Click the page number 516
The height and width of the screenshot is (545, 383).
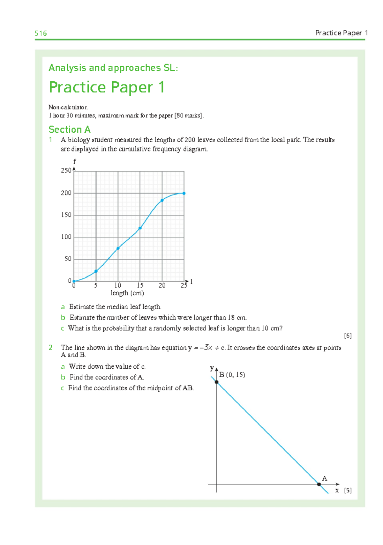click(x=41, y=33)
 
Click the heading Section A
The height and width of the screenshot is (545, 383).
click(x=70, y=129)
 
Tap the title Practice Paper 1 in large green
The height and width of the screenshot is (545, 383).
click(x=107, y=87)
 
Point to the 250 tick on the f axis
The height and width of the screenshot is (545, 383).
click(x=66, y=171)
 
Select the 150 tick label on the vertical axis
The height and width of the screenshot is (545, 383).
click(x=66, y=215)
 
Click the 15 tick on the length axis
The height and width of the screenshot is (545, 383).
click(x=140, y=285)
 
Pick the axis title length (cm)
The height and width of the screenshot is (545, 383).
click(x=127, y=293)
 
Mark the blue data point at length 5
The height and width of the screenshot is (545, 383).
click(x=96, y=271)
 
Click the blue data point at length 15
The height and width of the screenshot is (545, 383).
click(x=140, y=228)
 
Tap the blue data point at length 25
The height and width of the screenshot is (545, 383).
click(x=184, y=193)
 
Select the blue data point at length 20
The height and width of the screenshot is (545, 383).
click(x=162, y=200)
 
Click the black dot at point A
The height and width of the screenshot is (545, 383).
click(x=319, y=484)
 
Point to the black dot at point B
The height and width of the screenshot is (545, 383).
click(x=217, y=382)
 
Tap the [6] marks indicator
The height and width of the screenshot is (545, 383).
click(x=348, y=335)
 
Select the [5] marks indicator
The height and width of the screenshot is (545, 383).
click(x=348, y=490)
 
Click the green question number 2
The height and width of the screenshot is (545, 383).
click(x=50, y=348)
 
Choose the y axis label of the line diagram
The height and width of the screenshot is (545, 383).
click(x=212, y=368)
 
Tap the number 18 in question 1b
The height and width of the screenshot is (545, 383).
click(x=231, y=318)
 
